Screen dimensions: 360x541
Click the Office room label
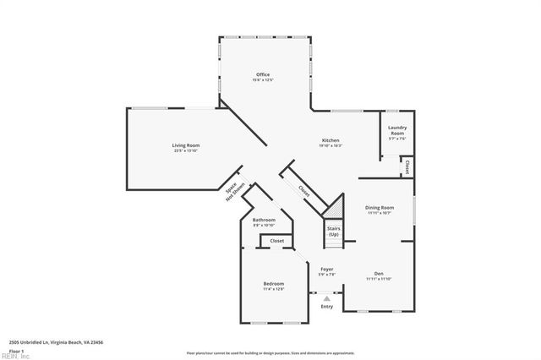click(x=263, y=75)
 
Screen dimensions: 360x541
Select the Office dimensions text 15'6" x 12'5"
click(x=263, y=81)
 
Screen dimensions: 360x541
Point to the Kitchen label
click(x=331, y=139)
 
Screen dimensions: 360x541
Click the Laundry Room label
click(x=396, y=131)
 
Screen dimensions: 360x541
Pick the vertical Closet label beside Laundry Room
click(x=408, y=166)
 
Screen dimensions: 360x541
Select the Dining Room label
click(x=380, y=207)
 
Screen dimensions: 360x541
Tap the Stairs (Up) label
click(x=333, y=231)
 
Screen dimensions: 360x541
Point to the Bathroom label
click(x=264, y=220)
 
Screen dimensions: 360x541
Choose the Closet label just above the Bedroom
click(x=276, y=241)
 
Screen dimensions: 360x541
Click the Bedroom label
click(x=273, y=284)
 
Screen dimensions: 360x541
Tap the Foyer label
click(x=326, y=269)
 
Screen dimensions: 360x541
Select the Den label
click(x=380, y=273)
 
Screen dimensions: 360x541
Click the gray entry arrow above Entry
click(x=326, y=297)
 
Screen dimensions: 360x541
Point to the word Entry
click(x=326, y=307)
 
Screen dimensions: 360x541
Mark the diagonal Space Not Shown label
click(x=235, y=192)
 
